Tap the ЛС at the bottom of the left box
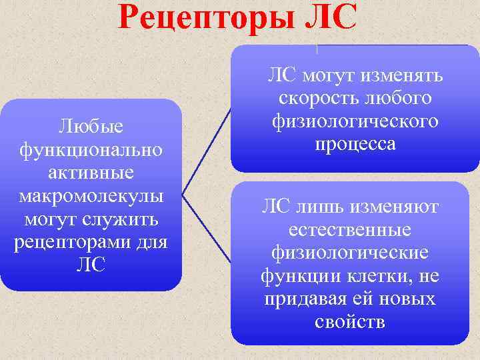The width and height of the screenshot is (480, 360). coord(91,264)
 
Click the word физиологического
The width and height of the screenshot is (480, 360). coord(355,121)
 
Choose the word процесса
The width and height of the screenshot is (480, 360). coord(355,144)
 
